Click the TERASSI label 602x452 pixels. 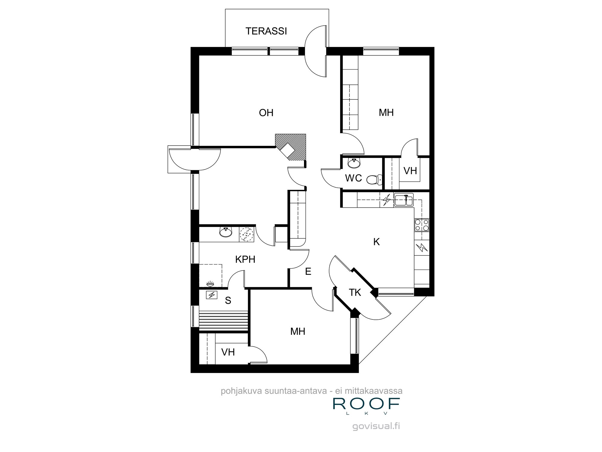[266, 31]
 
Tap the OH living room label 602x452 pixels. [266, 113]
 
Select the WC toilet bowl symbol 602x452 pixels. [373, 180]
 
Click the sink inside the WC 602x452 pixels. [354, 163]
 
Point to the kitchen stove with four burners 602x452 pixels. [422, 225]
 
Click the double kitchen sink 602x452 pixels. [403, 200]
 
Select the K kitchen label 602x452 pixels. [376, 242]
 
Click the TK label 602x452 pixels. [355, 292]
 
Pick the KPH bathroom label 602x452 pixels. [245, 259]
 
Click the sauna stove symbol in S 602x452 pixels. [211, 295]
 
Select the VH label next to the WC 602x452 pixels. [410, 171]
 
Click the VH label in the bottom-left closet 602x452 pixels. [228, 352]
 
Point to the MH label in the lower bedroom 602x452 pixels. [298, 331]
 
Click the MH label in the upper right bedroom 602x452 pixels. [386, 113]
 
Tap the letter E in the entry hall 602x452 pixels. [308, 272]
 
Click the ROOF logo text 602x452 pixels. [366, 404]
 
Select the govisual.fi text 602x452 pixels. [376, 426]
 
